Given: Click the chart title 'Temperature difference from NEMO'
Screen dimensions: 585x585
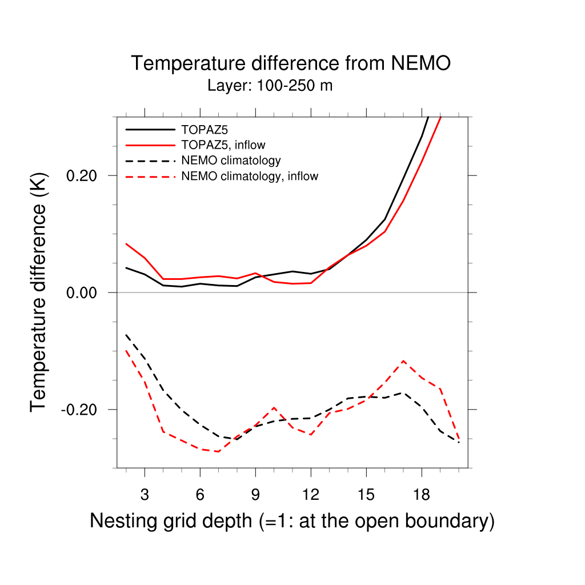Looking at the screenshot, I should [291, 63].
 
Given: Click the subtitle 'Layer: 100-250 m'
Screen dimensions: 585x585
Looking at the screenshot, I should [270, 86].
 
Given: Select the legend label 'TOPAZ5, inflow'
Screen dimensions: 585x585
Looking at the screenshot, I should [223, 145].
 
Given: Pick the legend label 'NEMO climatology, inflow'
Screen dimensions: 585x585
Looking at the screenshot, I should [250, 177].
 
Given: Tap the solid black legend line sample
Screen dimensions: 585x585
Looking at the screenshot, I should [150, 129].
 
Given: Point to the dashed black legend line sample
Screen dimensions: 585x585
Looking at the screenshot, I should [150, 161].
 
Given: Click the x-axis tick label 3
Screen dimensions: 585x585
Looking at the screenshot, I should [145, 495].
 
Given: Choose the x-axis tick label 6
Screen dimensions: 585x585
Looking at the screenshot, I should [200, 495].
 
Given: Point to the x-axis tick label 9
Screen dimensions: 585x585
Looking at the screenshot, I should [255, 495].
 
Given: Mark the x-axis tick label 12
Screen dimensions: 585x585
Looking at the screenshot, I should [310, 495].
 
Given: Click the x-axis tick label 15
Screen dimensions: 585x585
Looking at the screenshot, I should [366, 495].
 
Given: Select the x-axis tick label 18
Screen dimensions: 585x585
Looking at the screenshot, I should [421, 495].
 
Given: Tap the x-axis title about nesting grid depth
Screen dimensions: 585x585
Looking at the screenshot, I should [292, 521].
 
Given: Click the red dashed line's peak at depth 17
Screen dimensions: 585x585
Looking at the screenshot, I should [403, 361].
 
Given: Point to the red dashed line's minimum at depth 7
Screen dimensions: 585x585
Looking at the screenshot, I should [219, 451].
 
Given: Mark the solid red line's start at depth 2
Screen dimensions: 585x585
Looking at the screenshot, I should [126, 244].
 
